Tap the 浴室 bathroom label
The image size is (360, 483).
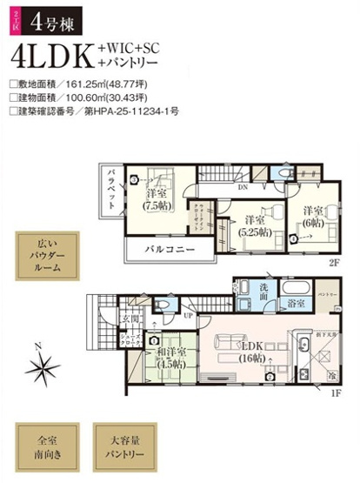tap(297, 304)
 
